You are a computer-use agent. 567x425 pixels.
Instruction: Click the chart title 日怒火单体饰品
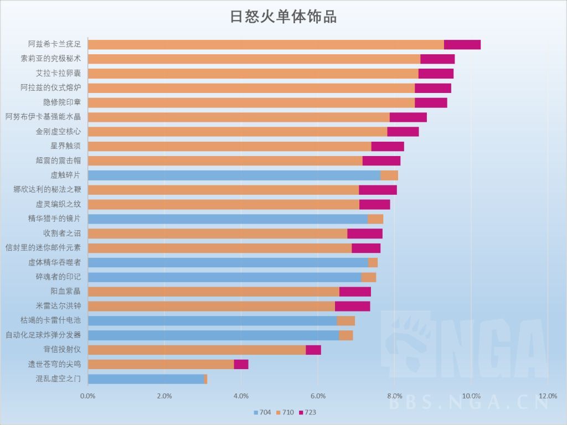[x=283, y=17]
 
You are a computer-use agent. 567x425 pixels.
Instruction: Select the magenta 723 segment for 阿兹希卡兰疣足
[x=462, y=44]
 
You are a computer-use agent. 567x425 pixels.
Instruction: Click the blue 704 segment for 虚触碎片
[x=234, y=175]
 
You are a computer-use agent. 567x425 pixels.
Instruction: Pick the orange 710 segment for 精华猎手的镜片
[x=375, y=219]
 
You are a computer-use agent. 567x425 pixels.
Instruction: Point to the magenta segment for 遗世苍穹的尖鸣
[x=241, y=364]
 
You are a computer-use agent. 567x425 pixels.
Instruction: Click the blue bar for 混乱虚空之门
[x=146, y=379]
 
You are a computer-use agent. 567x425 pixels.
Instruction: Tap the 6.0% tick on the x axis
[x=318, y=396]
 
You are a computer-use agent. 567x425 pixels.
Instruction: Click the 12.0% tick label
[x=548, y=396]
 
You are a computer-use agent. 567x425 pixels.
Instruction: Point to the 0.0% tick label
[x=88, y=396]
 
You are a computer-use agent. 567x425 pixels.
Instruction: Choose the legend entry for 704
[x=262, y=413]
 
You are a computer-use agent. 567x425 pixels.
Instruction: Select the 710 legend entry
[x=284, y=413]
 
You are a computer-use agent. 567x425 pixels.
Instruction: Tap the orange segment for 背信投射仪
[x=197, y=350]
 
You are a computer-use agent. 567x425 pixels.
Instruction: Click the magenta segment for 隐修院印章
[x=431, y=102]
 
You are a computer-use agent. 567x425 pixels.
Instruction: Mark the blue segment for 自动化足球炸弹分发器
[x=213, y=335]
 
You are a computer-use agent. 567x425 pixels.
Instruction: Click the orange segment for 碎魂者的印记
[x=368, y=277]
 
